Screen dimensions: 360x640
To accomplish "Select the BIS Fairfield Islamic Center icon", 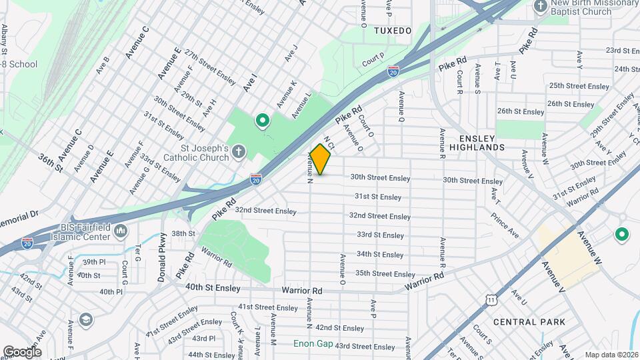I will pos(121,231).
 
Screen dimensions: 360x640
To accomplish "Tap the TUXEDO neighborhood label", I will pos(393,31).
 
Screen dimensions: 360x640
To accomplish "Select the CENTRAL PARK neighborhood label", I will pos(529,322).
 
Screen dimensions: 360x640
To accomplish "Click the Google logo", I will pos(22,351).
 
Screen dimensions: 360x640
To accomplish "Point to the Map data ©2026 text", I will pos(611,355).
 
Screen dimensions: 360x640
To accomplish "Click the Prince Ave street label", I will pos(505,225).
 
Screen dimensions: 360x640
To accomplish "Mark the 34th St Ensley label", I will pos(380,255).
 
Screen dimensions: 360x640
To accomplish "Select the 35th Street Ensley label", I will pos(385,274).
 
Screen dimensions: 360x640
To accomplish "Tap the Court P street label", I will pos(373,59).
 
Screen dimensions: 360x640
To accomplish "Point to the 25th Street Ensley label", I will pos(579,87).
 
